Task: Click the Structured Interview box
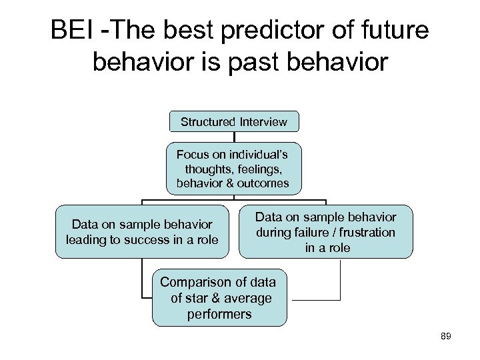[233, 121]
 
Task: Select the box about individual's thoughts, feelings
[233, 169]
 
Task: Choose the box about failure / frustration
[326, 232]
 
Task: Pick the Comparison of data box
[221, 297]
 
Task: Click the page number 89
[446, 337]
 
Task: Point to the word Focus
[191, 155]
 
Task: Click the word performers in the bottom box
[220, 313]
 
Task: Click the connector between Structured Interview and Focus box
[233, 137]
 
